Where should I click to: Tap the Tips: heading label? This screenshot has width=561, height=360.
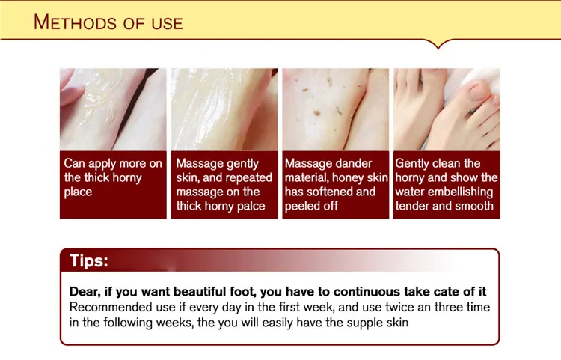click(89, 260)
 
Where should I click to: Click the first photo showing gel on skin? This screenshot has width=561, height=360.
click(112, 109)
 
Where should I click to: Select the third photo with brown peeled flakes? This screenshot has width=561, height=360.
click(335, 109)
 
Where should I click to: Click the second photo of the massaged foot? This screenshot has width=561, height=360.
click(224, 109)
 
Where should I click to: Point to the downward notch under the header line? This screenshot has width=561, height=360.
click(439, 44)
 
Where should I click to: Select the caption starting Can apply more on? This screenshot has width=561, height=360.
click(112, 177)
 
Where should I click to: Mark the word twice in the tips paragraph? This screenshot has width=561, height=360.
click(396, 308)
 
